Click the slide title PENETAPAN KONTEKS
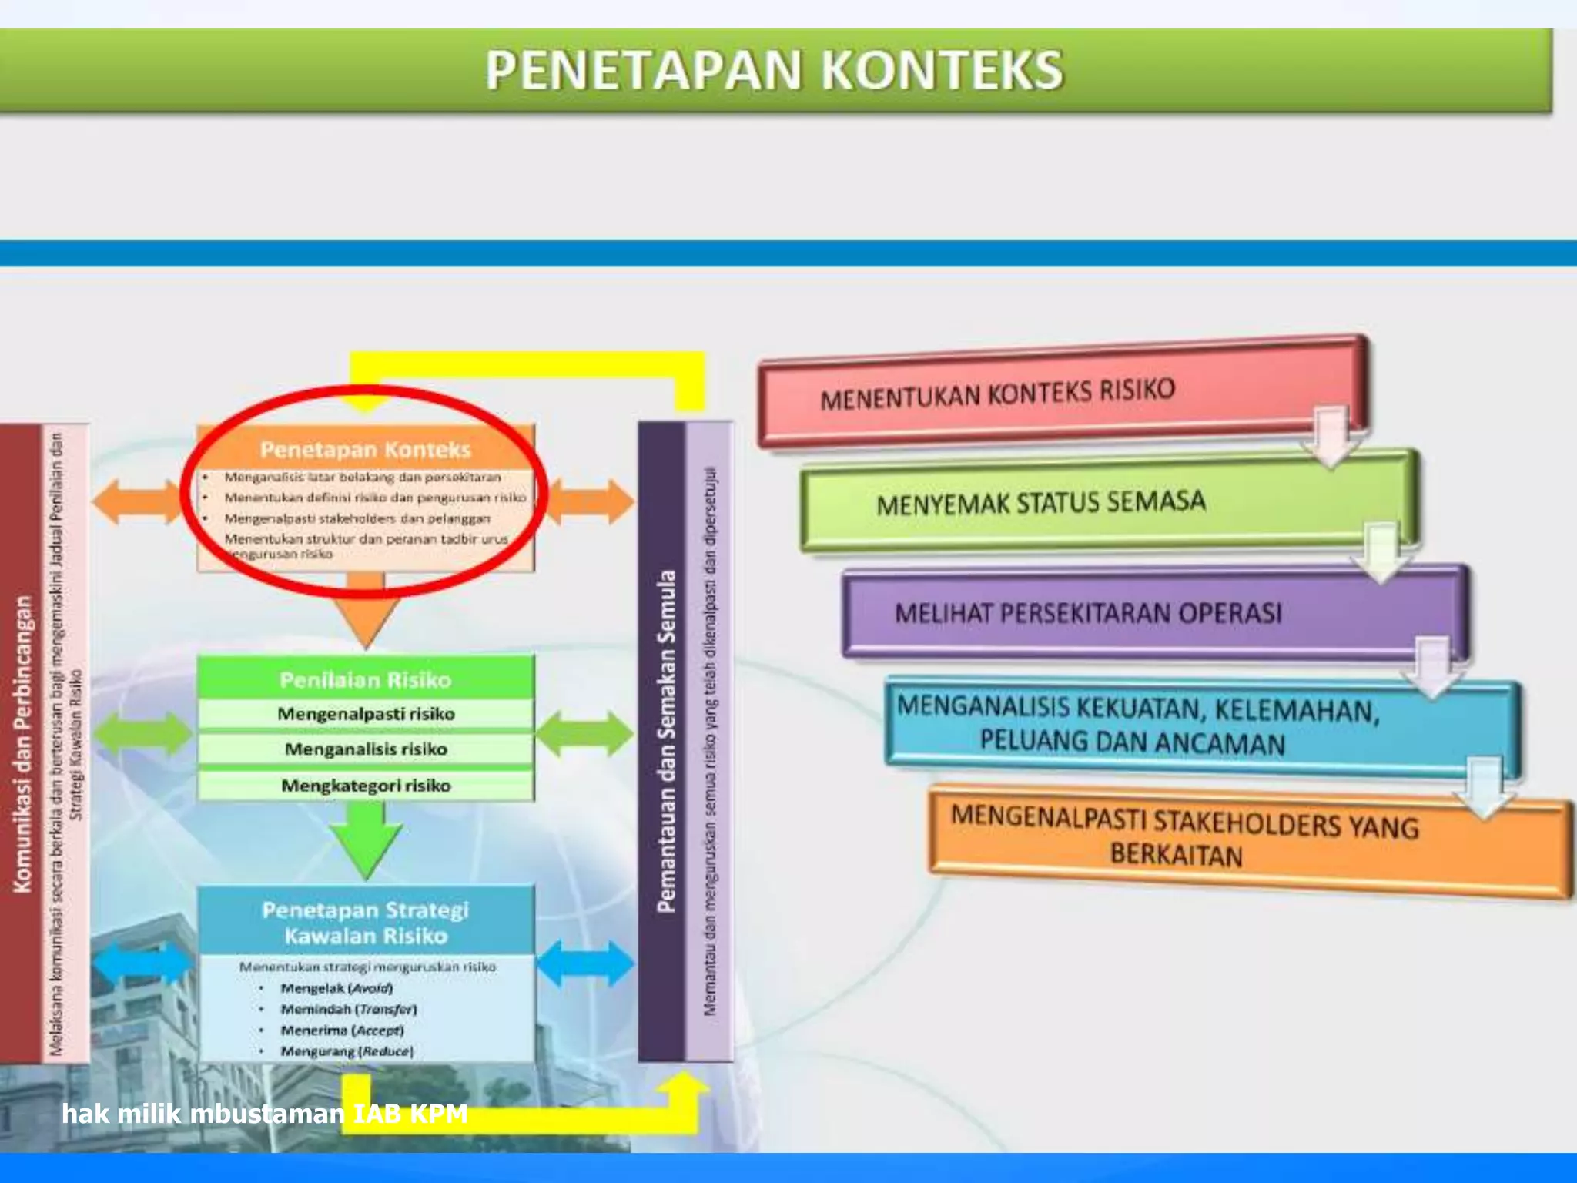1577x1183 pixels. pos(774,70)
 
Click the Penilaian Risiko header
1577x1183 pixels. pos(365,679)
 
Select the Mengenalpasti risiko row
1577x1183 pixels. pos(366,714)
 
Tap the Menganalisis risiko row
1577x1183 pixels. pos(366,749)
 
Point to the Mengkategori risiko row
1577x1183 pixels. pos(366,786)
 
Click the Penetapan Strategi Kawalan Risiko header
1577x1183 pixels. pos(366,922)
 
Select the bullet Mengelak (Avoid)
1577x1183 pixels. pos(336,988)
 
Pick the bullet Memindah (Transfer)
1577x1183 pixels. pos(348,1009)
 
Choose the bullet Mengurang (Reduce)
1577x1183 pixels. pos(347,1051)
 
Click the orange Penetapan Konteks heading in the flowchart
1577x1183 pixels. pos(365,449)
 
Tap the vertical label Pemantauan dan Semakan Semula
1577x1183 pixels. pos(666,741)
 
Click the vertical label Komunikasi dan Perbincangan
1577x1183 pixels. pos(23,743)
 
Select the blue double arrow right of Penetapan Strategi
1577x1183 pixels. pos(585,963)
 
